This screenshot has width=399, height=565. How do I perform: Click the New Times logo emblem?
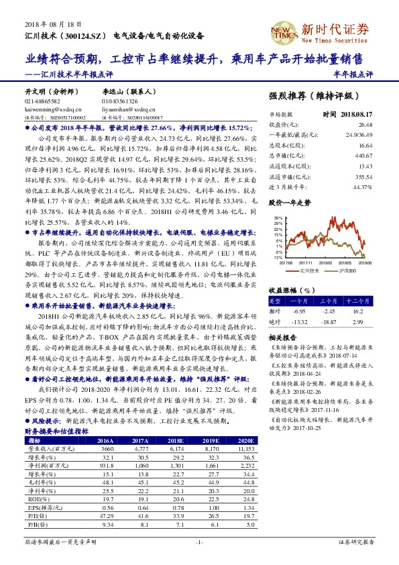[x=285, y=30]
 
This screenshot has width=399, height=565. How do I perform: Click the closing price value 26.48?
[x=365, y=125]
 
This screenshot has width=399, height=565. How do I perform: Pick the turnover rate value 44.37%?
[x=363, y=187]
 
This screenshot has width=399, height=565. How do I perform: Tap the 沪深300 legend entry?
[x=345, y=272]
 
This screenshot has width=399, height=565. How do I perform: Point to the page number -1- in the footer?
[x=198, y=542]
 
